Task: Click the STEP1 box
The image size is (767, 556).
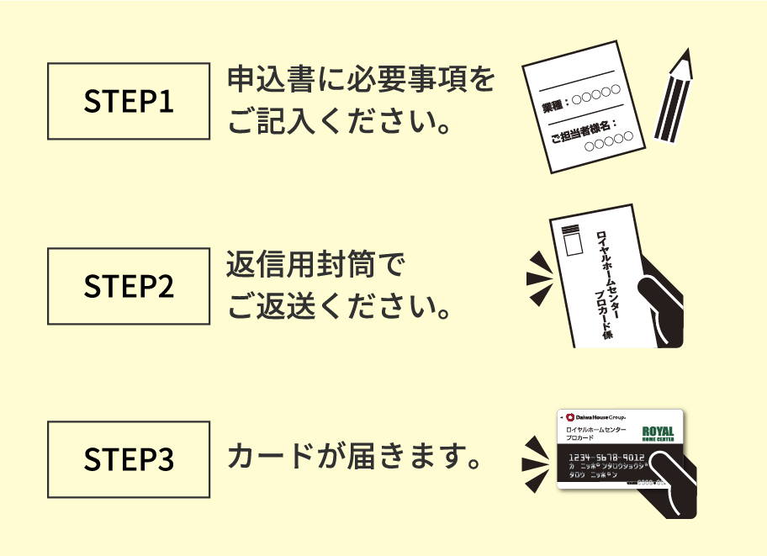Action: [x=129, y=101]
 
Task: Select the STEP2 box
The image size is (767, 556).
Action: [x=129, y=286]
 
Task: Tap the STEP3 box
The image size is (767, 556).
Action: [x=129, y=459]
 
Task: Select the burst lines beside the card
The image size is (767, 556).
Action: [x=537, y=462]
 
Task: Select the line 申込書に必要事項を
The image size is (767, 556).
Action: [x=361, y=82]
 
